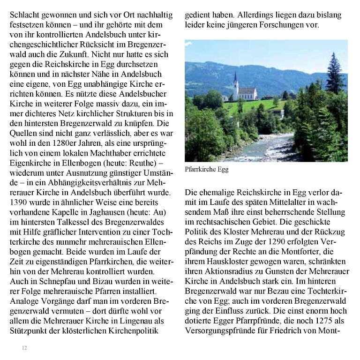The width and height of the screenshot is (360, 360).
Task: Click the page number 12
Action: point(24,348)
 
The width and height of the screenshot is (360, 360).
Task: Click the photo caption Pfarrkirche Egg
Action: point(207,169)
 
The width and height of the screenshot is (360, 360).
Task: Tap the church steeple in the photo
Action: point(236,81)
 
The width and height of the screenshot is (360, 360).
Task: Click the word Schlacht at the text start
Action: point(25,15)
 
